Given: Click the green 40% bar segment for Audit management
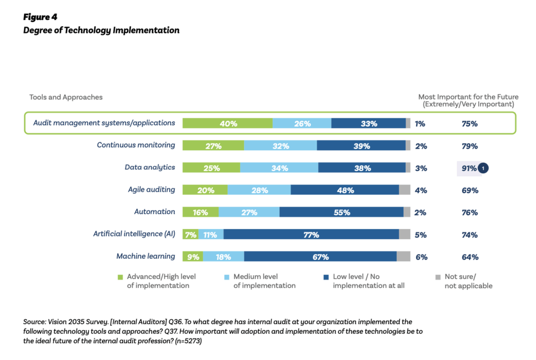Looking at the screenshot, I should click(x=227, y=124).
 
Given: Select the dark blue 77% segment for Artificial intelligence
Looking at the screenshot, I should click(x=311, y=235).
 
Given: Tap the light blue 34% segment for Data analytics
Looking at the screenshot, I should click(x=279, y=168).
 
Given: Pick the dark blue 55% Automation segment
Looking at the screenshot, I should click(x=341, y=213).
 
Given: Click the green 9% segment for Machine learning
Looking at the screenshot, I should click(x=193, y=257).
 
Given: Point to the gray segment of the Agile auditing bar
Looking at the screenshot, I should click(x=405, y=190).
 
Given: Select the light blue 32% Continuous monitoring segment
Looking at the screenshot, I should click(x=280, y=146).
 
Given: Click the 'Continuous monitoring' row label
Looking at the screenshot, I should click(x=136, y=145).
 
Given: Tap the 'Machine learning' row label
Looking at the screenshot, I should click(x=145, y=257).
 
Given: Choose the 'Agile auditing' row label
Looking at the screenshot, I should click(x=151, y=190).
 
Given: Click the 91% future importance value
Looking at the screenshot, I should click(x=469, y=168).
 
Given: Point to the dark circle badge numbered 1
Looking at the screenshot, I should click(x=483, y=168).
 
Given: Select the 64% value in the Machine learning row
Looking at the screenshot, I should click(x=470, y=257).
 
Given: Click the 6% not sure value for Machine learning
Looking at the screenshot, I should click(x=421, y=257).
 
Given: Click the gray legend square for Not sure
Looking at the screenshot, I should click(x=438, y=277).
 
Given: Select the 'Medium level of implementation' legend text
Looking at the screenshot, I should click(x=264, y=281).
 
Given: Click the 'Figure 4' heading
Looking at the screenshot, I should click(x=40, y=17).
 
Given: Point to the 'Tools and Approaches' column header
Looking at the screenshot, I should click(x=66, y=97).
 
